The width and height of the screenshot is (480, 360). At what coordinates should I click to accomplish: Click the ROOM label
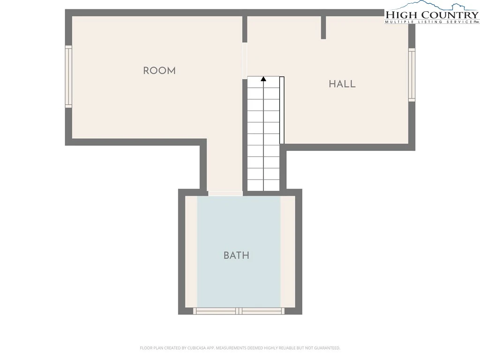click(x=159, y=71)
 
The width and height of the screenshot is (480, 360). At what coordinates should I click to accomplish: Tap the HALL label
click(x=342, y=84)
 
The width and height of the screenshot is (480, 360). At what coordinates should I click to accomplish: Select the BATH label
click(x=236, y=255)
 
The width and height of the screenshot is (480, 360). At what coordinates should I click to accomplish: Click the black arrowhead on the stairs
click(x=263, y=79)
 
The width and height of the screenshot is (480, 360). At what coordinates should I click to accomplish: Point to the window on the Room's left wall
click(x=68, y=76)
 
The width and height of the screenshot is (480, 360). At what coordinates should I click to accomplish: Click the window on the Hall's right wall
click(x=412, y=75)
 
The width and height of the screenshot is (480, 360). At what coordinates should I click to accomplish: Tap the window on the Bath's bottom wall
click(x=239, y=311)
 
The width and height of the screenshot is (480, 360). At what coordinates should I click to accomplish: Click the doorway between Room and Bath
click(x=225, y=194)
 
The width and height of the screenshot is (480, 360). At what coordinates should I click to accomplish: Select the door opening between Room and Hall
click(x=245, y=60)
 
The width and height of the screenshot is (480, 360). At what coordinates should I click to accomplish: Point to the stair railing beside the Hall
click(x=282, y=110)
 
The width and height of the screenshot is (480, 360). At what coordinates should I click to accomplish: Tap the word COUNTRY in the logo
click(x=449, y=15)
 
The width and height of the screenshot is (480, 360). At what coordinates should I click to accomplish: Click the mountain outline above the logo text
click(x=432, y=6)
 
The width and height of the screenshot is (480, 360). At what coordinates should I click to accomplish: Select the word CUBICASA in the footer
click(x=196, y=348)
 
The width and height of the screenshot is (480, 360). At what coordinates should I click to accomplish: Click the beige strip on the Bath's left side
click(x=191, y=252)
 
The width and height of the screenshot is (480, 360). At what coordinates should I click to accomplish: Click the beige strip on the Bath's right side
click(x=288, y=252)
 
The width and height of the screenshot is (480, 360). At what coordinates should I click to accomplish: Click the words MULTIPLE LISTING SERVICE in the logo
click(x=429, y=22)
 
